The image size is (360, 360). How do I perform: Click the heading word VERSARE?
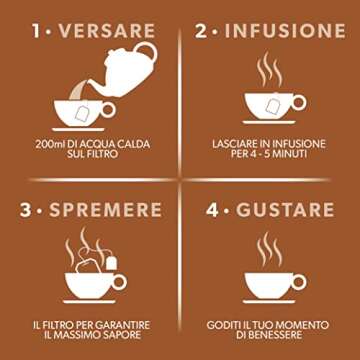[x=107, y=31]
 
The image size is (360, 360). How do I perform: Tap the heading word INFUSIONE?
[x=285, y=31]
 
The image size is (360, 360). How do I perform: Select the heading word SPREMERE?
[x=106, y=210]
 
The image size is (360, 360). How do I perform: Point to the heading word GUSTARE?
[x=285, y=210]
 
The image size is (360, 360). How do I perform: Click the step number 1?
[x=37, y=31]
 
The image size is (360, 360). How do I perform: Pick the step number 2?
[x=201, y=31]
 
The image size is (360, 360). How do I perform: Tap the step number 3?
[x=25, y=210]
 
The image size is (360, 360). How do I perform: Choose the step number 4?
[x=212, y=210]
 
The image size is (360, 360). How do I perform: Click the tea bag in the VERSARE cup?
[x=81, y=113]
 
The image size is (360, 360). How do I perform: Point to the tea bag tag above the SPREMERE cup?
[x=112, y=263]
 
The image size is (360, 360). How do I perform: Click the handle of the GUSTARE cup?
[x=298, y=282]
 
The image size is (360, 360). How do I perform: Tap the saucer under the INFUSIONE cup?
[x=269, y=122]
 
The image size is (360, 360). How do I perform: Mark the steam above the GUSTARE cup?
[x=269, y=248]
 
